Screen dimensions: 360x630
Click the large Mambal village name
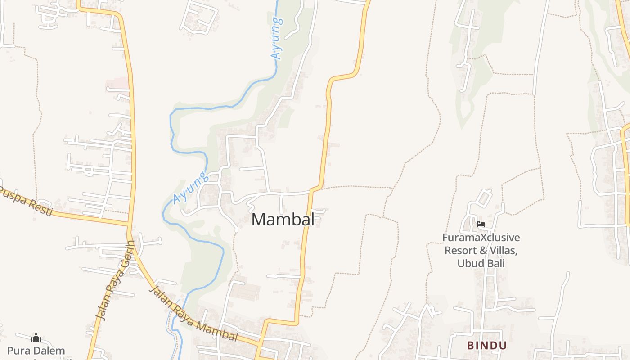pyautogui.click(x=283, y=220)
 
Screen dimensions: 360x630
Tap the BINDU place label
pyautogui.click(x=487, y=346)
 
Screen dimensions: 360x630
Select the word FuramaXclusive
pyautogui.click(x=481, y=238)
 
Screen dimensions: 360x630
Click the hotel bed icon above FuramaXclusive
pyautogui.click(x=481, y=224)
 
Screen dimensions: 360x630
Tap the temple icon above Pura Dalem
pyautogui.click(x=36, y=337)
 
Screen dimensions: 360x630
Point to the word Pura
pyautogui.click(x=18, y=351)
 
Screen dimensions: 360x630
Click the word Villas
pyautogui.click(x=502, y=251)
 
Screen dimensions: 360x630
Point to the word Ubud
pyautogui.click(x=469, y=264)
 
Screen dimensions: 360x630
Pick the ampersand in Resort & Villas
pyautogui.click(x=483, y=251)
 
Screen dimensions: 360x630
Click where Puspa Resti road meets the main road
pyautogui.click(x=130, y=223)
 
